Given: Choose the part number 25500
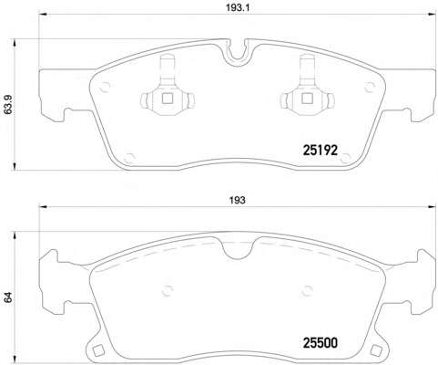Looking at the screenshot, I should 321,343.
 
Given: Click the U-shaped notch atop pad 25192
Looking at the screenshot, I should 239,51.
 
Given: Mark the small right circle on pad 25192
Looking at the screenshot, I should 369,88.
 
